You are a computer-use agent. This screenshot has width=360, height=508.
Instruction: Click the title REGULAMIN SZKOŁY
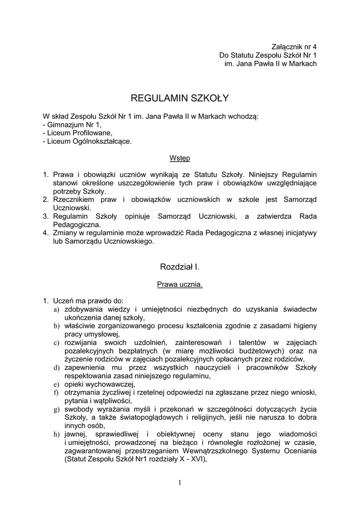180,98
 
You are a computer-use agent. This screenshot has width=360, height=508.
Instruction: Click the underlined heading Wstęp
180,158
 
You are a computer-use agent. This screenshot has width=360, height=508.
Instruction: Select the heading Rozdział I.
180,267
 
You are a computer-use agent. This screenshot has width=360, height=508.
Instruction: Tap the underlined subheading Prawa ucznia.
180,285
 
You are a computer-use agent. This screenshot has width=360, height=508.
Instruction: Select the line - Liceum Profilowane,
78,133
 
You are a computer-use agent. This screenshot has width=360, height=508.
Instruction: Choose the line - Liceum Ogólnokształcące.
88,141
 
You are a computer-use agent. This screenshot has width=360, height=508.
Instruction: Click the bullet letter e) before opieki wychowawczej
57,384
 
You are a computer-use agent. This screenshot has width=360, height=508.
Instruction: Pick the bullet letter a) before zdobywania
57,309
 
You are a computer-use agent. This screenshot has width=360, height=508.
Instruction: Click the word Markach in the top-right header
303,63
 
